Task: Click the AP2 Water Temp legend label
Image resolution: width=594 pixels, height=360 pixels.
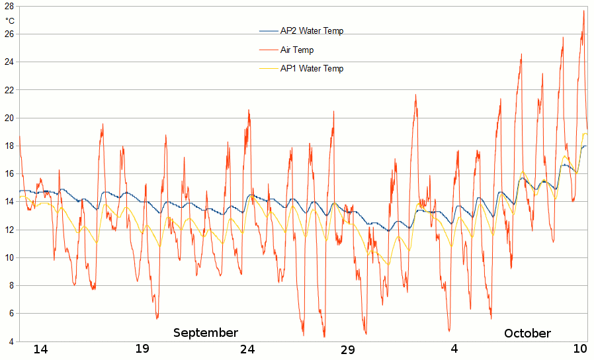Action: pos(312,31)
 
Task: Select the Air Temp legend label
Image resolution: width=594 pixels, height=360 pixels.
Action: pos(297,50)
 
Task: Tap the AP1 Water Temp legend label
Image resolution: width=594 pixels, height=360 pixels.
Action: pos(312,68)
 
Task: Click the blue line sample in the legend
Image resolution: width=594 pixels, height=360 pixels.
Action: pos(268,31)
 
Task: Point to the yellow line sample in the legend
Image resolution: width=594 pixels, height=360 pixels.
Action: pos(268,68)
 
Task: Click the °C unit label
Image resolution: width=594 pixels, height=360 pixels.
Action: pos(9,21)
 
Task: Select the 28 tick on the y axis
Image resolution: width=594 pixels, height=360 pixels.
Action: pos(9,6)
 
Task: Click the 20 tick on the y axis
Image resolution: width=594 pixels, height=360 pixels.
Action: pos(9,118)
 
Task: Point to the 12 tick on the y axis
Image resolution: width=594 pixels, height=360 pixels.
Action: pos(9,230)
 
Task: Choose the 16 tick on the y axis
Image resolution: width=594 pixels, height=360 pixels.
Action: pos(9,173)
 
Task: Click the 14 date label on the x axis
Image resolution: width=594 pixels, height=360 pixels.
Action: pos(41,349)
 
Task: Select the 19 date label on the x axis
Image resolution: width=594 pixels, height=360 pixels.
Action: pos(142,349)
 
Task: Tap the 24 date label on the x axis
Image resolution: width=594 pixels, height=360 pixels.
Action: pos(247,349)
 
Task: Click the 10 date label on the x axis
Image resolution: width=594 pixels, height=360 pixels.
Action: pos(580,349)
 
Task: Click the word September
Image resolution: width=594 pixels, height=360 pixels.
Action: pos(205,332)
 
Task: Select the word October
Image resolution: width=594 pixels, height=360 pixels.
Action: pos(527,333)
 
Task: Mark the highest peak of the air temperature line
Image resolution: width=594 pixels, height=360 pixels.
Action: pos(583,11)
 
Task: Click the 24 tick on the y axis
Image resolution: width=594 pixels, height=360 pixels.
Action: pos(9,62)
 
